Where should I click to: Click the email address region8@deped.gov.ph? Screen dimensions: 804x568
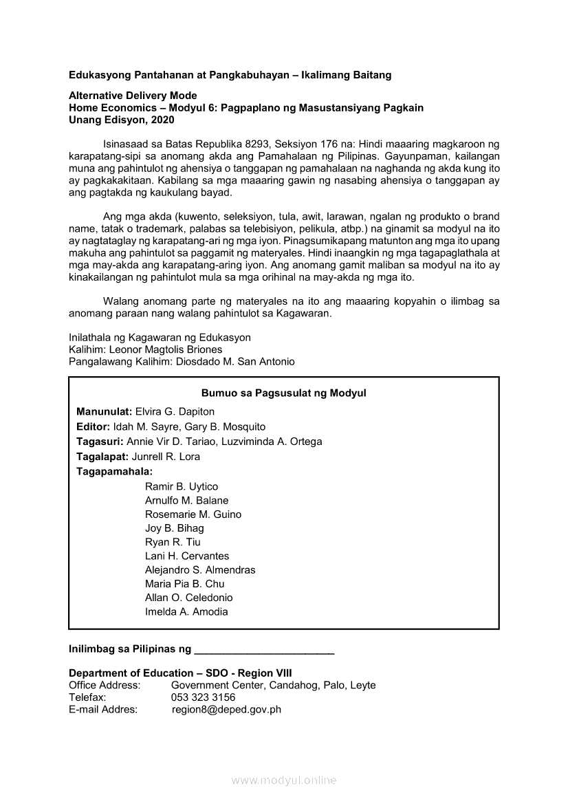pos(226,710)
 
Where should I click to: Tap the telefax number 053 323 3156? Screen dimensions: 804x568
pos(203,697)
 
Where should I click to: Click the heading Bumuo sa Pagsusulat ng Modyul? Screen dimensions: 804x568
pos(283,393)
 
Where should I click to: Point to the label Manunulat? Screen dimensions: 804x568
pos(104,411)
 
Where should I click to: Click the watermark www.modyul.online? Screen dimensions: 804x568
pos(283,780)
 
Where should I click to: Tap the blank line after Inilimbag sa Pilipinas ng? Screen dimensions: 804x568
pos(265,649)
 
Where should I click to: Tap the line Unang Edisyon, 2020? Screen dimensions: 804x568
pos(122,120)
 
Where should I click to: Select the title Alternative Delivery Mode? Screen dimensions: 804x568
pos(133,96)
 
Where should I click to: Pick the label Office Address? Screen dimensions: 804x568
pos(105,685)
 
